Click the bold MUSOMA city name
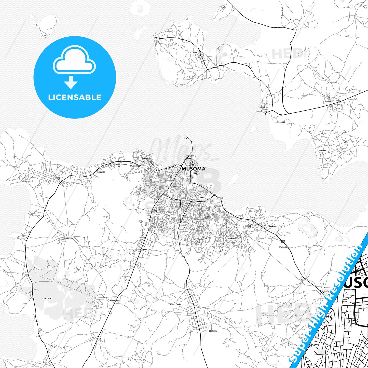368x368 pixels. [194, 169]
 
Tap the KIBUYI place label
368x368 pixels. [194, 52]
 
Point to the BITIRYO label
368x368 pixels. [294, 19]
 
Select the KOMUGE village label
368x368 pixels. [329, 101]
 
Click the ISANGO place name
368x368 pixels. [281, 122]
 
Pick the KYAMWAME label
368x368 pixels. [322, 151]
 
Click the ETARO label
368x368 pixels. [57, 178]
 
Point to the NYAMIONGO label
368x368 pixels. [135, 166]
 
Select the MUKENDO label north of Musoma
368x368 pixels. [190, 155]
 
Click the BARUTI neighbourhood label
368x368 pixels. [203, 197]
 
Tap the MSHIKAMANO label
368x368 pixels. [198, 219]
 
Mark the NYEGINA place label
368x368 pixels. [69, 238]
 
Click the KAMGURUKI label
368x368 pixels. [47, 298]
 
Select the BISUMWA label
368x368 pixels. [213, 331]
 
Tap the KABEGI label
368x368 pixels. [98, 338]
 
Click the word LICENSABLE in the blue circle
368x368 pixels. [75, 97]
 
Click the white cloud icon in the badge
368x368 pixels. [74, 61]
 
